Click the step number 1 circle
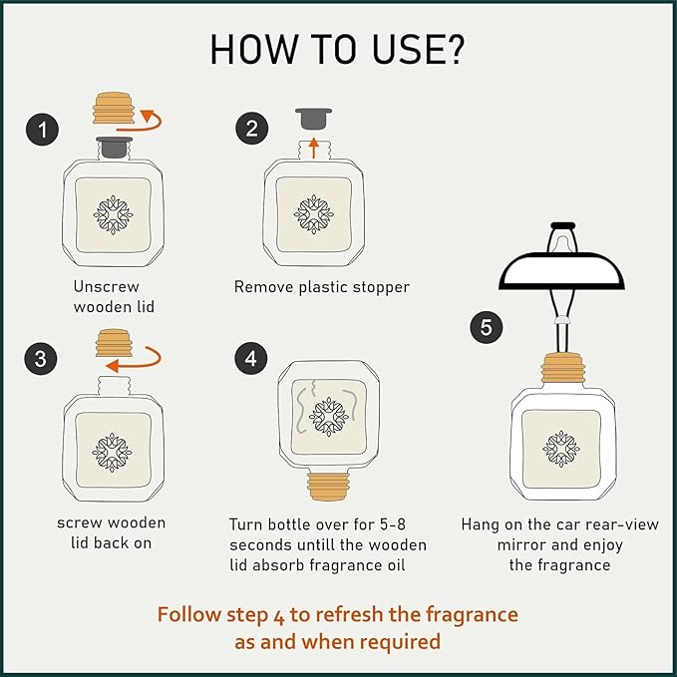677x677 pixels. point(42,129)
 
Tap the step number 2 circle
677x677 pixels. point(251,129)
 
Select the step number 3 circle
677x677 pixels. point(41,359)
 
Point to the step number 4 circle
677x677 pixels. point(251,358)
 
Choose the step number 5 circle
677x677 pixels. point(487,327)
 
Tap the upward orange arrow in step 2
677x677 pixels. point(314,148)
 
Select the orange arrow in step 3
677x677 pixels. point(143,365)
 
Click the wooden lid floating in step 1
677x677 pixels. point(114,108)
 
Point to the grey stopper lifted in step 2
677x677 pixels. point(313,119)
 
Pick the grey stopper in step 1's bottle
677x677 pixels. point(114,148)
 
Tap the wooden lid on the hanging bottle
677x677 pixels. point(563,368)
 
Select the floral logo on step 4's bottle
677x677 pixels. point(329,417)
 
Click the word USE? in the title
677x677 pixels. point(418,49)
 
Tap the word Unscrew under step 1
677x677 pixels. point(107,287)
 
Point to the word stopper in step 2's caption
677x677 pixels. point(381,287)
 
